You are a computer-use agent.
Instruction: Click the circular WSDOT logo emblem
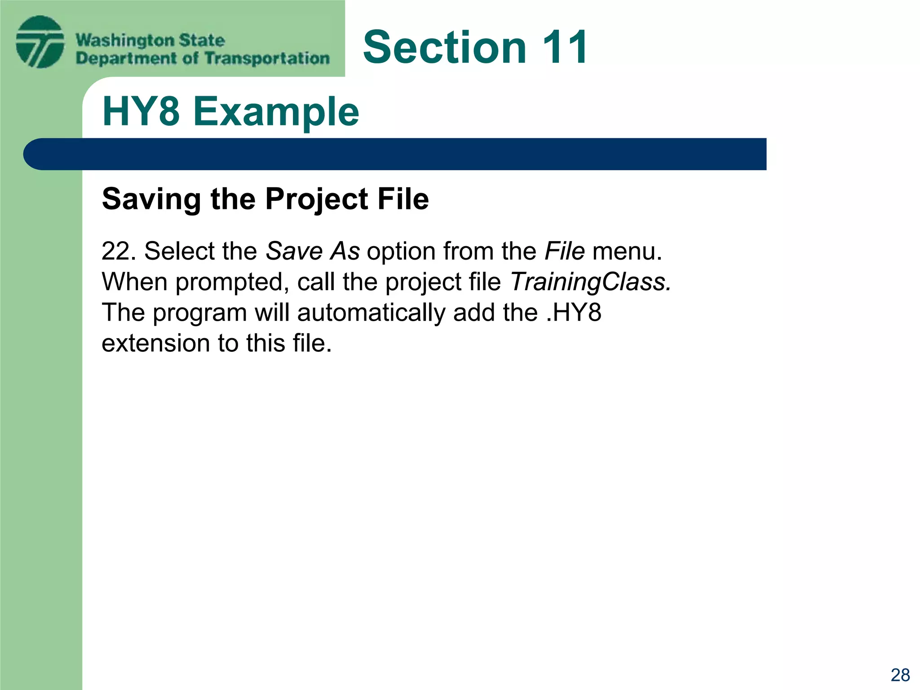coord(40,42)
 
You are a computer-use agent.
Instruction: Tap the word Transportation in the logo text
coord(267,58)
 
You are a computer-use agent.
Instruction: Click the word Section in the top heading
coord(445,47)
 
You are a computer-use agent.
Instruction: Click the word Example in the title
coord(276,112)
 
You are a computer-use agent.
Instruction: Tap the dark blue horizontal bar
coord(395,154)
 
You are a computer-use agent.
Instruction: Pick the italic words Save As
coord(313,251)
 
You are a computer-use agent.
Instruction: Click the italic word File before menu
coord(565,251)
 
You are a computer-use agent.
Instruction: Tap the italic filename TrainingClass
coord(591,282)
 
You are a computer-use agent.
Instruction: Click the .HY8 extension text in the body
coord(574,313)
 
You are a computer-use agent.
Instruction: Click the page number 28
coord(900,675)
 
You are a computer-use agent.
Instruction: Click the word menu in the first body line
coord(627,251)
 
